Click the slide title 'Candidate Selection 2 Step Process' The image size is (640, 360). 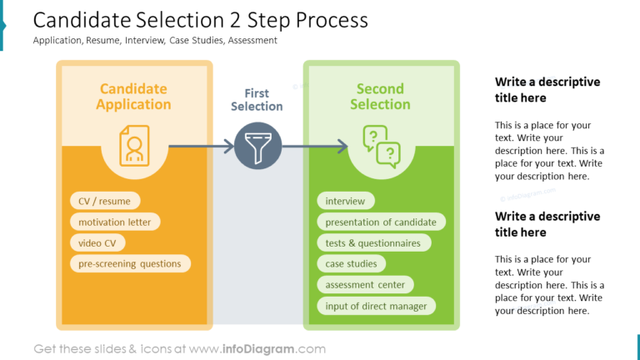click(200, 19)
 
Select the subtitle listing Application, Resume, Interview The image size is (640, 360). click(155, 40)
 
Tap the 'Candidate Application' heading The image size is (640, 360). click(133, 97)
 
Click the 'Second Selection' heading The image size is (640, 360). click(380, 97)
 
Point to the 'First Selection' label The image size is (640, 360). click(257, 100)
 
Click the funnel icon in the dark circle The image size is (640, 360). click(257, 147)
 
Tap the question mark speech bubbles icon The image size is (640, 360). click(381, 146)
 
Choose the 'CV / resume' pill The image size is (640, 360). click(104, 201)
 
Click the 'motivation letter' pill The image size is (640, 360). click(115, 222)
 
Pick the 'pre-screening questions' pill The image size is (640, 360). click(129, 264)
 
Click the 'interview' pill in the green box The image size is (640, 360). click(345, 201)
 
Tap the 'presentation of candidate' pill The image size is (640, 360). click(381, 222)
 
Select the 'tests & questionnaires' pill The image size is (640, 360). click(373, 243)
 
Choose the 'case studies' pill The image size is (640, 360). click(351, 264)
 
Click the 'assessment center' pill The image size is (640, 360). click(365, 285)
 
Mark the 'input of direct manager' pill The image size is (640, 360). click(376, 306)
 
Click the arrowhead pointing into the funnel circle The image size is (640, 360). click(229, 147)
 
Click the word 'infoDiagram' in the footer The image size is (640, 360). click(257, 349)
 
